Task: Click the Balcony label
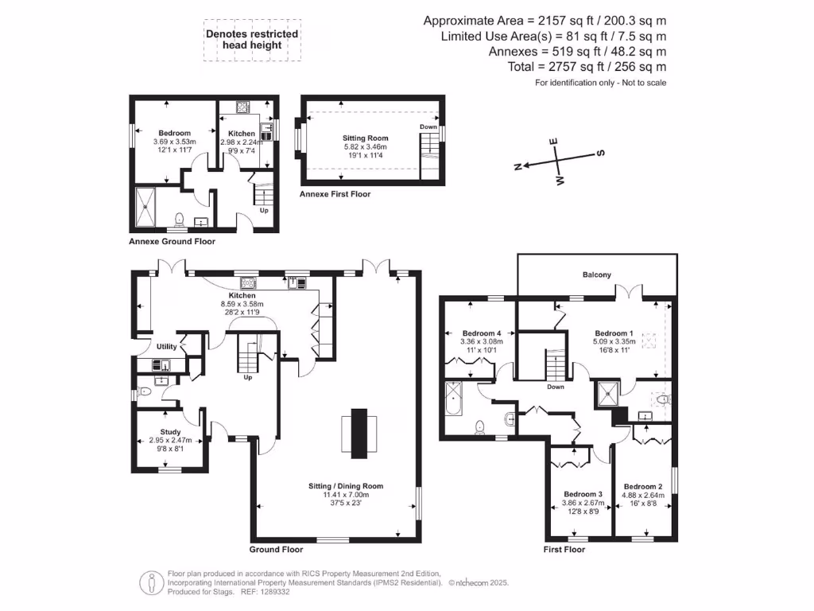tap(596, 274)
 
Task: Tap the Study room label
tap(170, 432)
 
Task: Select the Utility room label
tap(167, 347)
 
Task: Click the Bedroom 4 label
tap(482, 333)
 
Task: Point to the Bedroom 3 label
tap(583, 494)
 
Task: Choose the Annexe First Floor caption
tap(335, 194)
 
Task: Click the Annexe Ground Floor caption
tap(172, 241)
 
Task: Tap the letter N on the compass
tap(517, 167)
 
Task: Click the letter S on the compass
tap(601, 153)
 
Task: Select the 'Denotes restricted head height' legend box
tap(252, 40)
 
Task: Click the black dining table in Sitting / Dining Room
tap(359, 434)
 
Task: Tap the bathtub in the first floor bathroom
tap(453, 399)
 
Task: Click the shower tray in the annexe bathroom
tap(145, 208)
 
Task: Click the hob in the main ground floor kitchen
tap(248, 282)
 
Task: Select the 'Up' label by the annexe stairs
tap(264, 210)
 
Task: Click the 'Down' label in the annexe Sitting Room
tap(428, 126)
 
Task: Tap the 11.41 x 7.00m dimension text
tap(346, 495)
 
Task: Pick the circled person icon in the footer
tap(152, 583)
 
